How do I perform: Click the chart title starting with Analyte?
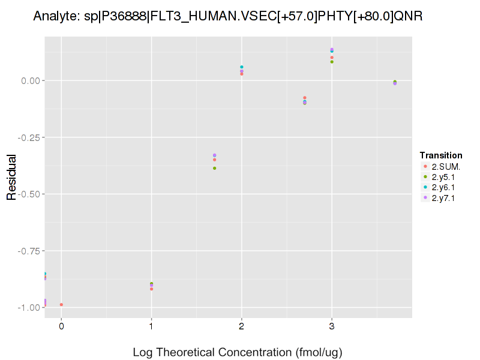228,16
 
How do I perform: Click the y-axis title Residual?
11,178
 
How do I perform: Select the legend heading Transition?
441,155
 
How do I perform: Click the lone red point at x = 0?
61,305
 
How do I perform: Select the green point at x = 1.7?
214,168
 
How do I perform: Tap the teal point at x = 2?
242,67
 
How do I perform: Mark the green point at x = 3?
332,62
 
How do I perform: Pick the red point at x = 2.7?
305,98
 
